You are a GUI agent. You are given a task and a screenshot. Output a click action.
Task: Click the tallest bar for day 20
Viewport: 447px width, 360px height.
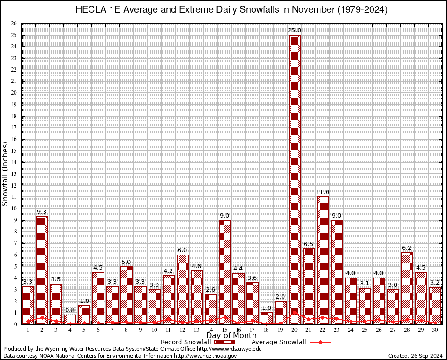pos(295,178)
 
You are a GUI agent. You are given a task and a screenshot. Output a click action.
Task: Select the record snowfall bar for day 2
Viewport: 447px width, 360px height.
pos(42,270)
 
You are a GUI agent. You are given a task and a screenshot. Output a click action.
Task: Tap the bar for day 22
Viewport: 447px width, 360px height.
pos(323,260)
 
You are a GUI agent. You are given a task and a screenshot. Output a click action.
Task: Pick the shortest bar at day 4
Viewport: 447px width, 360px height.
pos(70,319)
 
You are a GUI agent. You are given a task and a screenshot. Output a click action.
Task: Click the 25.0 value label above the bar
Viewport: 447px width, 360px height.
pos(295,30)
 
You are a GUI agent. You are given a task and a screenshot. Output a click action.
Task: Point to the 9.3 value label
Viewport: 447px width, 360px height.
pos(42,212)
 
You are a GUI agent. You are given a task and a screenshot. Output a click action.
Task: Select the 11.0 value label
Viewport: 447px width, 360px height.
pos(323,192)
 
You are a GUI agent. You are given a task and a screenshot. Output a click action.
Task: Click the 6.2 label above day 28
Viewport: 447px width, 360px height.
pos(407,248)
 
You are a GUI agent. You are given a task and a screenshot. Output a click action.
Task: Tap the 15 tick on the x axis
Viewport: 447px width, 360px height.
pos(224,330)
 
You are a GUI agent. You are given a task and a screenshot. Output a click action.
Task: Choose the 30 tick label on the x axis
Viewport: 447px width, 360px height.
pos(435,330)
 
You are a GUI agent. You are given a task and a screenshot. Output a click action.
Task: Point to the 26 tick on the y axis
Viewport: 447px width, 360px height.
pos(14,23)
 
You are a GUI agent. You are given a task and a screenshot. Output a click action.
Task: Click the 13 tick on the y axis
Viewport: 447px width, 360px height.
pos(14,173)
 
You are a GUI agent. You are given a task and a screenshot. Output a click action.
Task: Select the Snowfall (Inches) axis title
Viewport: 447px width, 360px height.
pos(5,173)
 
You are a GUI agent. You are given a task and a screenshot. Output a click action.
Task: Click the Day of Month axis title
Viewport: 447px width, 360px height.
pos(231,336)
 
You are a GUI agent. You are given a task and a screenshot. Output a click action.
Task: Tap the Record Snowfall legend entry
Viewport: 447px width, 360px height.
pos(186,342)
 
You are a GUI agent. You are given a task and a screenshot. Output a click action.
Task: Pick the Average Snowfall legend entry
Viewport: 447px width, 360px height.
pos(279,342)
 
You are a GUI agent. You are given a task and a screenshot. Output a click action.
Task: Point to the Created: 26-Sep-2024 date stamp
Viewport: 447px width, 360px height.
pos(416,356)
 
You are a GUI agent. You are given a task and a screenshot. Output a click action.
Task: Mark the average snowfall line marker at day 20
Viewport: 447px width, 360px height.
pos(295,312)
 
